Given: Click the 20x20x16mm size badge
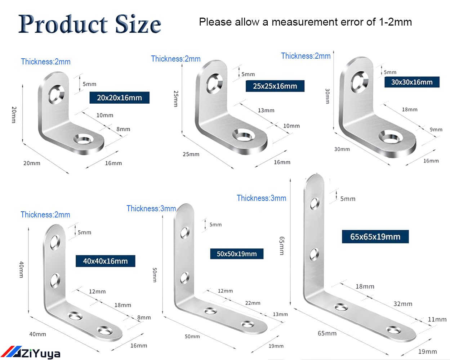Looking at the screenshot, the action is coord(119,98).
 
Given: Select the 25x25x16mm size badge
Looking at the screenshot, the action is coord(275,86).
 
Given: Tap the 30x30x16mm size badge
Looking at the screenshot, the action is coord(412,82).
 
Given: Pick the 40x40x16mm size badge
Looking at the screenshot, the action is coord(106,261).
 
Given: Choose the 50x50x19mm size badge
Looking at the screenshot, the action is coord(237,254).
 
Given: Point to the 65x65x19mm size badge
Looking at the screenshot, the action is coord(375,237).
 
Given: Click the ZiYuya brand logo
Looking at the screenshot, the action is coord(31,353).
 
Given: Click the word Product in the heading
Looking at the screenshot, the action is coord(63,24).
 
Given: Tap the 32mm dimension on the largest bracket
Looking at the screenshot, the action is coord(403,304).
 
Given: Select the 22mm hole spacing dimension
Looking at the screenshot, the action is coord(253,303).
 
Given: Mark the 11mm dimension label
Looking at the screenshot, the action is coord(437,319).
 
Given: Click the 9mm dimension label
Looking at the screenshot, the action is coord(436,130).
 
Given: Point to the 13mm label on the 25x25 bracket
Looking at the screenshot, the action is coord(266,110).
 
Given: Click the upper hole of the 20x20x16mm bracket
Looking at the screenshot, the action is coord(56,94).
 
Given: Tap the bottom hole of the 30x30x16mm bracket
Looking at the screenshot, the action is coord(391,137).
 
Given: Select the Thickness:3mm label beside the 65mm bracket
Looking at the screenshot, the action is coord(261,198).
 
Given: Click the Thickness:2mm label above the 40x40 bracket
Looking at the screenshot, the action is coord(45,215).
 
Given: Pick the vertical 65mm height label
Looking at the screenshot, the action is coord(282,246).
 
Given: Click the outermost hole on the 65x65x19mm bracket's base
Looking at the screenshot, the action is coord(394,330).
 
